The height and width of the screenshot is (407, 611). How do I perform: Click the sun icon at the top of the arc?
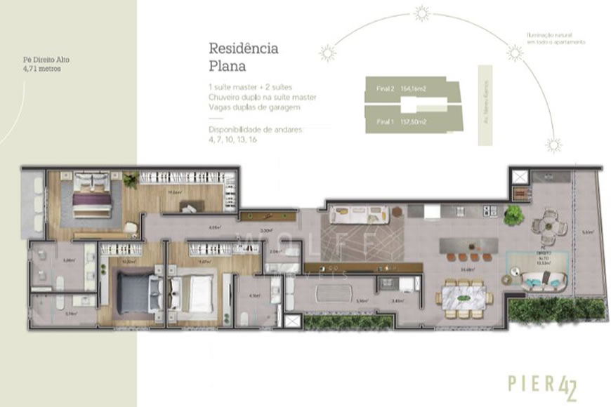(x=421, y=12)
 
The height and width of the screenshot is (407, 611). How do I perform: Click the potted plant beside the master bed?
(x=130, y=180)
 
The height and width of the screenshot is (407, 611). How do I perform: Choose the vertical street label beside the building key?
(x=483, y=105)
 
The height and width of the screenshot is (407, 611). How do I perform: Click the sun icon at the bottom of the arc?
(x=553, y=145)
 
